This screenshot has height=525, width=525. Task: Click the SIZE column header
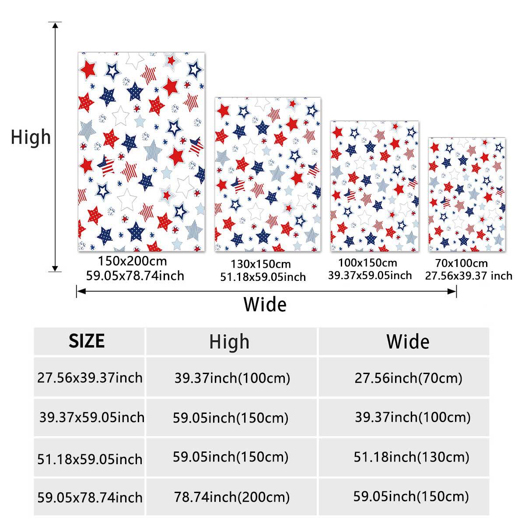point(87,341)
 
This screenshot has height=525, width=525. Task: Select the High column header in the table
point(229,342)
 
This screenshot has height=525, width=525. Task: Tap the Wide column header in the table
point(408,342)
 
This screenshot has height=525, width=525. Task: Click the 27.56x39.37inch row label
point(90,378)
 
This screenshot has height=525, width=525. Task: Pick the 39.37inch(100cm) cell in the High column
point(232,378)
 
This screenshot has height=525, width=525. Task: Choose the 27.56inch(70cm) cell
point(408,378)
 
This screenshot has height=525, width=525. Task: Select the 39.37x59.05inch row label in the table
point(91,417)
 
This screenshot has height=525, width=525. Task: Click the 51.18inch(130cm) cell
point(411,457)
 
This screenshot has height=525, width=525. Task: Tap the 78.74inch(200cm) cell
point(232,497)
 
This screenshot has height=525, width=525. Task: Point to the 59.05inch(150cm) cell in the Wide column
point(411,496)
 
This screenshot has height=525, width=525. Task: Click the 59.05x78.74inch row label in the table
point(90,497)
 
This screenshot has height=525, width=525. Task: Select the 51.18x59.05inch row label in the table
point(90,459)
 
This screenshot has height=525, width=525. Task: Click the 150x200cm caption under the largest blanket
point(132,262)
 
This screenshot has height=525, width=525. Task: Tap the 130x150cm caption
point(261,264)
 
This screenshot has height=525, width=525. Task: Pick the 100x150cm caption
point(367,263)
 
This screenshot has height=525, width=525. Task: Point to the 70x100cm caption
point(461,263)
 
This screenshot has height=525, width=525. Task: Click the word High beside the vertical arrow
point(31,137)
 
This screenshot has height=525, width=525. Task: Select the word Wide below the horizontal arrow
point(265,304)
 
